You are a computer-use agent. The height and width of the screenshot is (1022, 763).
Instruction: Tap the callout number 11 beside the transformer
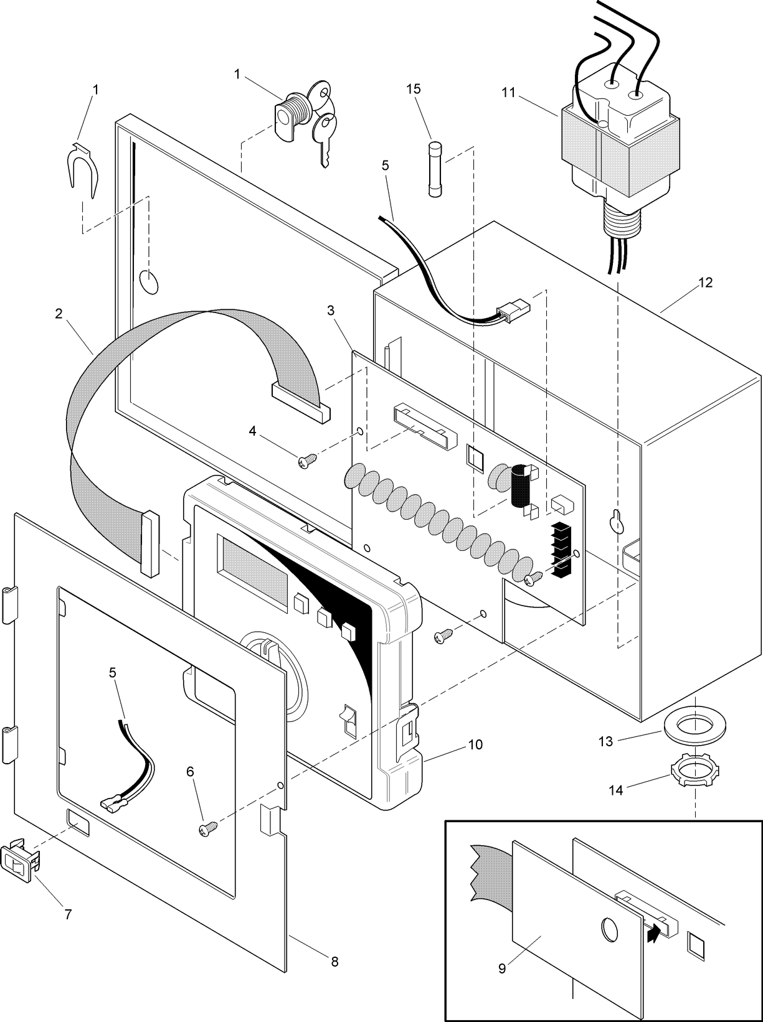tap(508, 93)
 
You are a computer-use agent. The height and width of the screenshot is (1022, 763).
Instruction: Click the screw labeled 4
tap(308, 461)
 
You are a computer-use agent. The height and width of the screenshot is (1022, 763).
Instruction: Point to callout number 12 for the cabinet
tap(705, 283)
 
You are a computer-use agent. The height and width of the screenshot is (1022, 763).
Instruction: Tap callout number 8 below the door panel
tap(334, 961)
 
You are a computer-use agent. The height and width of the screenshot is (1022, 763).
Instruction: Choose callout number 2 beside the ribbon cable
tap(58, 314)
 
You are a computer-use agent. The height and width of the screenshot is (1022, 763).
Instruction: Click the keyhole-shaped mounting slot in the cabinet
tap(618, 521)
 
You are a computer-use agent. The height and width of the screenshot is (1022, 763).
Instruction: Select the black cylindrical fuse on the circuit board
tap(521, 487)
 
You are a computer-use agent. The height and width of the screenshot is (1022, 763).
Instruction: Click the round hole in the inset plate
tap(609, 929)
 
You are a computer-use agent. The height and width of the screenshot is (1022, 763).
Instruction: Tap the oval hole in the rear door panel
tap(149, 282)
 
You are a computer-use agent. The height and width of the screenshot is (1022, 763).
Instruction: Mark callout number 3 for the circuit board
tap(330, 310)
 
